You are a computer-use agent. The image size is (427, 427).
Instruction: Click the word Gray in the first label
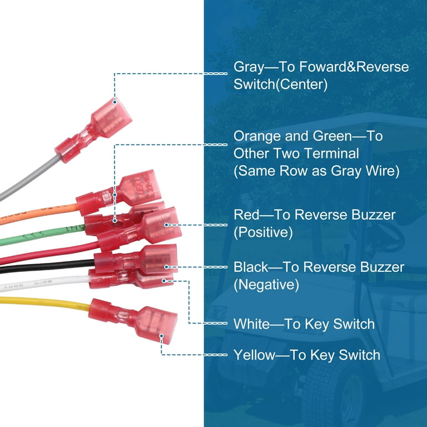(248, 68)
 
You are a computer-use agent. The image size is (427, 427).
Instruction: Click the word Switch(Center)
(280, 85)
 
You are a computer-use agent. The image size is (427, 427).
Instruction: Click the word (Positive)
(263, 232)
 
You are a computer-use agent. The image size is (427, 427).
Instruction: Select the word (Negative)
(266, 285)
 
